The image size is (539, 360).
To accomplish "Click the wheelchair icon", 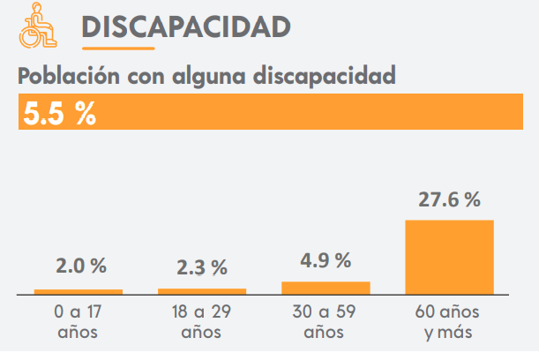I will (35, 26).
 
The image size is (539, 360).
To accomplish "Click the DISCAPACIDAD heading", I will (185, 26).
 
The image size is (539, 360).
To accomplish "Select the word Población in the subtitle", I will (68, 76).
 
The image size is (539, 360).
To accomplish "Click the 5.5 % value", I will (60, 114).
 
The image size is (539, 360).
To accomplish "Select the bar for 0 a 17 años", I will (78, 290).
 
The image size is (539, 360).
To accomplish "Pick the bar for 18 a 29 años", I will (202, 289).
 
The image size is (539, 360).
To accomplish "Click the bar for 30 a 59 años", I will (326, 287).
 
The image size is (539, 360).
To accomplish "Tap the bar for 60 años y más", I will (449, 256).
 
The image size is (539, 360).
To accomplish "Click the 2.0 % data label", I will (80, 266).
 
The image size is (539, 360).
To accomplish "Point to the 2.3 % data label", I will (202, 266).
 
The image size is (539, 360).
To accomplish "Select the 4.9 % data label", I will (326, 260).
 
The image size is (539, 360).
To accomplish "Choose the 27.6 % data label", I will (449, 199).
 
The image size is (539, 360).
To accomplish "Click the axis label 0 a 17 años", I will (78, 322).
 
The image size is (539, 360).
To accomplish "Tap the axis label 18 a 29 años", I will (201, 322).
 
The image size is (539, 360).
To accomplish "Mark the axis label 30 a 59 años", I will (325, 322).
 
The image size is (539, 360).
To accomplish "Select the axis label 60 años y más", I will (448, 322).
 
